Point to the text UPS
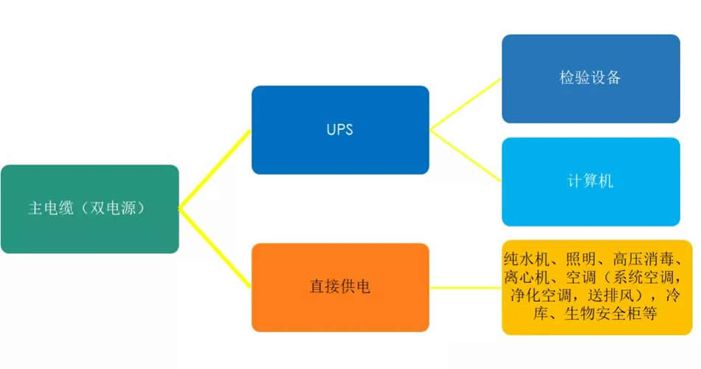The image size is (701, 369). pyautogui.click(x=340, y=130)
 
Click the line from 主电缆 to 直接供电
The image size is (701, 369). pyautogui.click(x=215, y=248)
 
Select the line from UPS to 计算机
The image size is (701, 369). pyautogui.click(x=466, y=156)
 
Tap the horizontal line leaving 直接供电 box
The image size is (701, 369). pyautogui.click(x=466, y=287)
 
